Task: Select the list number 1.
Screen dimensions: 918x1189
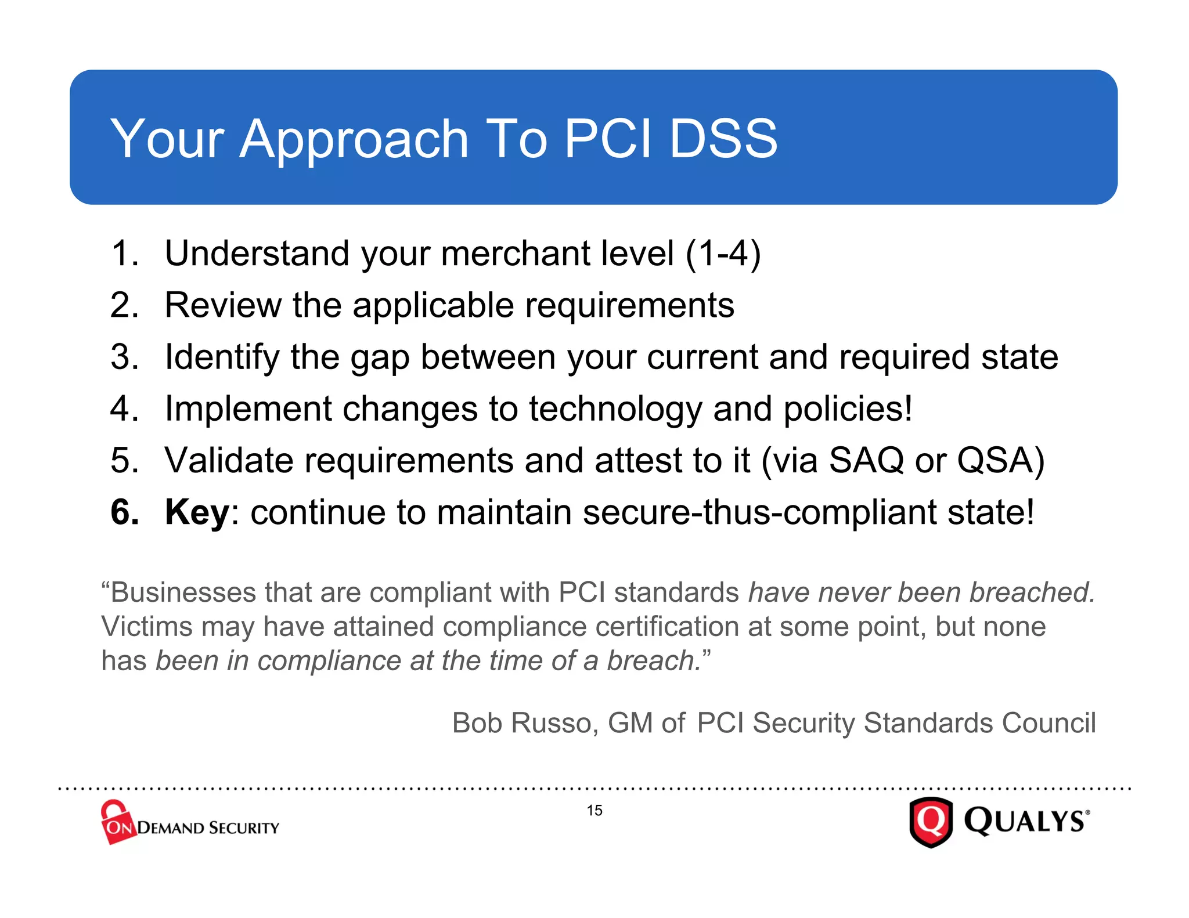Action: pos(124,254)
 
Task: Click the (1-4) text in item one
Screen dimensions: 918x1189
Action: pos(723,254)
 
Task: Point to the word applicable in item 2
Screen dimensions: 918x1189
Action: pos(433,306)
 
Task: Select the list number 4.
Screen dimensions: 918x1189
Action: pos(124,409)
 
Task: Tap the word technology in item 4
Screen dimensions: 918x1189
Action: pos(615,409)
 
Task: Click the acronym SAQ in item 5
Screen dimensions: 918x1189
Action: pos(866,460)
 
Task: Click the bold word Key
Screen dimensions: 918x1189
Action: pos(197,512)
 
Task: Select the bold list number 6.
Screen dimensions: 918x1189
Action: pos(124,512)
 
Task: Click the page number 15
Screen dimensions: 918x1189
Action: pos(594,811)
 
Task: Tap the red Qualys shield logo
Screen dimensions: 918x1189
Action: pos(931,822)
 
